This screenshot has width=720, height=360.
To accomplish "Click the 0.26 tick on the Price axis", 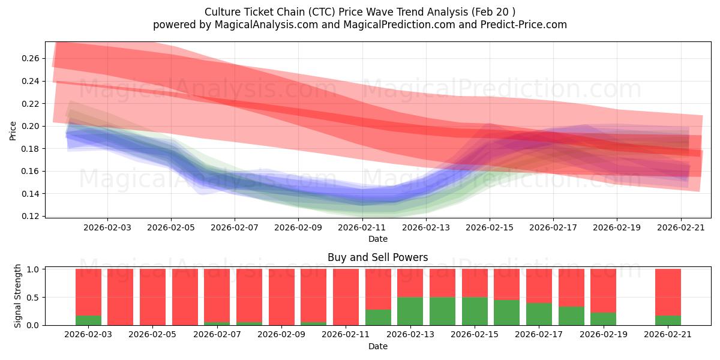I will (x=31, y=58).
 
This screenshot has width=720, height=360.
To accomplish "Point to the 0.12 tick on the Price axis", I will (x=31, y=216).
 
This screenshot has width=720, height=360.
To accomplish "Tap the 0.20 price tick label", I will (x=31, y=126).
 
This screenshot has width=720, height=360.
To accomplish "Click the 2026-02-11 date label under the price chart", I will (x=362, y=228).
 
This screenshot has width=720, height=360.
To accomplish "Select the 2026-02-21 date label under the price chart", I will (x=680, y=228).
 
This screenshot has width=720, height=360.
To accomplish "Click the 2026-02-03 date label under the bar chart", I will (x=88, y=335).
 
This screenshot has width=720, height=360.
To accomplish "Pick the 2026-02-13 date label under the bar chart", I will (x=410, y=335).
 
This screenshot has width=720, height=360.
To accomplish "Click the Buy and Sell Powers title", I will (x=377, y=257).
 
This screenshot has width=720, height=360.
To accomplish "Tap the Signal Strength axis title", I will (x=18, y=296).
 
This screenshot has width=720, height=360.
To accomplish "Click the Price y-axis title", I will (x=13, y=130).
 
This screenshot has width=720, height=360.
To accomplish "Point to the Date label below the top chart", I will (x=377, y=239).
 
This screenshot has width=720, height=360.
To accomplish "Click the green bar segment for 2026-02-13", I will (x=410, y=311).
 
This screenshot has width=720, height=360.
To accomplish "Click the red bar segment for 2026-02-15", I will (x=475, y=283).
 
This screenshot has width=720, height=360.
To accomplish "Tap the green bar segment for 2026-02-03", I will (x=88, y=320).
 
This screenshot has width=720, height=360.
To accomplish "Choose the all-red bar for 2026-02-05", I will (x=152, y=297).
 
